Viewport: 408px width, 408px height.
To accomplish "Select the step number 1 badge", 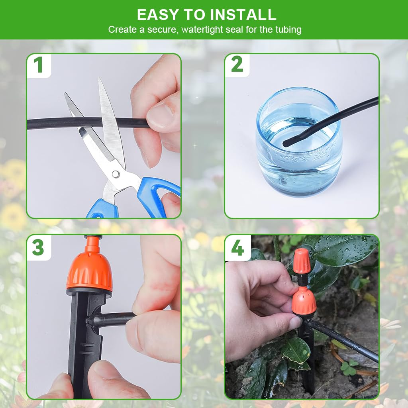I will coord(38,65).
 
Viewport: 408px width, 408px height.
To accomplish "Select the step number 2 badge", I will coord(237,65).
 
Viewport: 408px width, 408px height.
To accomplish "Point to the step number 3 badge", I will coord(38,247).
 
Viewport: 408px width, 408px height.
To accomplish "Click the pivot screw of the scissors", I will coord(115,174).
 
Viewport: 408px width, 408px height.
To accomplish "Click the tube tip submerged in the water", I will coord(288,140).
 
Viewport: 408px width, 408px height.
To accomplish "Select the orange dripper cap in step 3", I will coord(89,271).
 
